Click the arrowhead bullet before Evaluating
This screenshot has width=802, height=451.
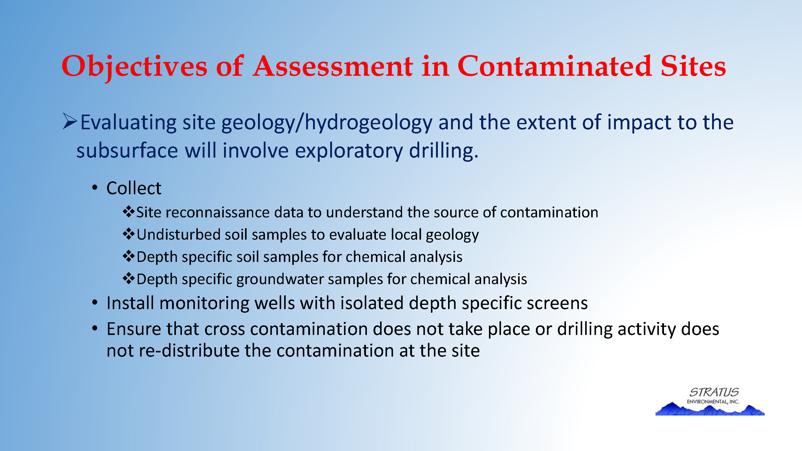pos(70,121)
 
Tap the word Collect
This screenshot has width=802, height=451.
pos(134,188)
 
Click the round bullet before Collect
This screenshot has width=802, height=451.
pos(95,188)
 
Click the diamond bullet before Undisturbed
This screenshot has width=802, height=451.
pos(129,234)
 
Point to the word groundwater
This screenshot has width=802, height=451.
pos(280,279)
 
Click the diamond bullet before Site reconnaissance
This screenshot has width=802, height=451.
pos(129,212)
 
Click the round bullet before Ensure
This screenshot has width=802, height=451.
pos(95,328)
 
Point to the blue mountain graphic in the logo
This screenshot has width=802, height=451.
pos(710,409)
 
